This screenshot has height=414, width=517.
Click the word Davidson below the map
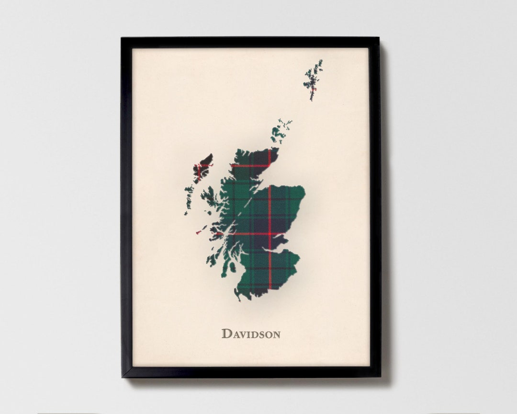click(x=251, y=333)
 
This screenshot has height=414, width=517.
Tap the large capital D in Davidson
click(x=226, y=333)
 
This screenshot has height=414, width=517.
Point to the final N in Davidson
click(x=276, y=334)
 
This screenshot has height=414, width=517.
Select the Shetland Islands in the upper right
click(x=313, y=79)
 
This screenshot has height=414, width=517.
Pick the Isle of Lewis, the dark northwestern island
click(x=204, y=165)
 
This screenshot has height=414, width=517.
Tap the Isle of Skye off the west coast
click(x=209, y=196)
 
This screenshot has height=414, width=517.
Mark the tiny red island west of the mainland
click(x=198, y=232)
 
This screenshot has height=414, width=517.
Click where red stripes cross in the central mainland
click(x=270, y=234)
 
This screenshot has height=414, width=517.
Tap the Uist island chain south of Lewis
click(x=189, y=196)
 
